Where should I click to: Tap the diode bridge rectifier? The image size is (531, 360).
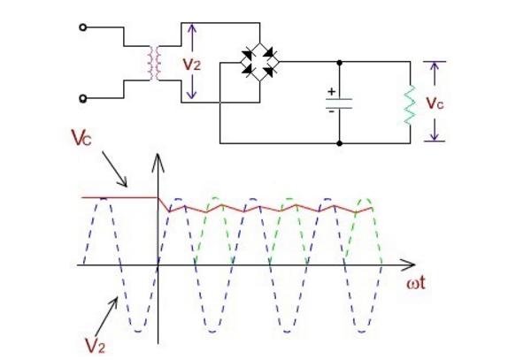260,62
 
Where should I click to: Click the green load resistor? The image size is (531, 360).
409,102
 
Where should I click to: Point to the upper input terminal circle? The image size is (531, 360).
85,27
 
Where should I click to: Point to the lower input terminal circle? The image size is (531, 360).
85,98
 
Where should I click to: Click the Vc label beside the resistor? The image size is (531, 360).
435,102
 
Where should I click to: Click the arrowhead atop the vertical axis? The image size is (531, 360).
158,159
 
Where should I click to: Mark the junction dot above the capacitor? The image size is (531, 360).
341,62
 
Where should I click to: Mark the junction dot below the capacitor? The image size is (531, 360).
341,142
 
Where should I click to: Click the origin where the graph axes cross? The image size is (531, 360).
158,265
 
